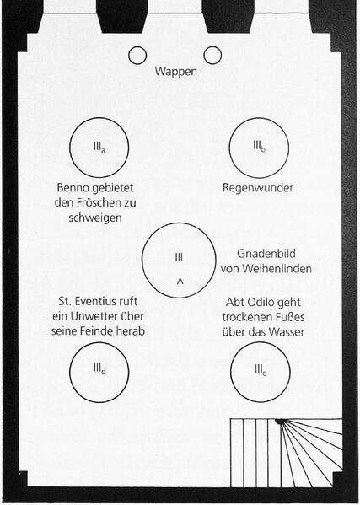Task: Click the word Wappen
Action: pyautogui.click(x=176, y=71)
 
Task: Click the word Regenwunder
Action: pyautogui.click(x=258, y=188)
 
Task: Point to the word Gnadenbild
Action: pyautogui.click(x=266, y=254)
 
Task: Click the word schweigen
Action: pyautogui.click(x=95, y=218)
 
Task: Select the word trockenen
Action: pyautogui.click(x=244, y=317)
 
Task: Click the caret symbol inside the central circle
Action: pyautogui.click(x=180, y=282)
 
